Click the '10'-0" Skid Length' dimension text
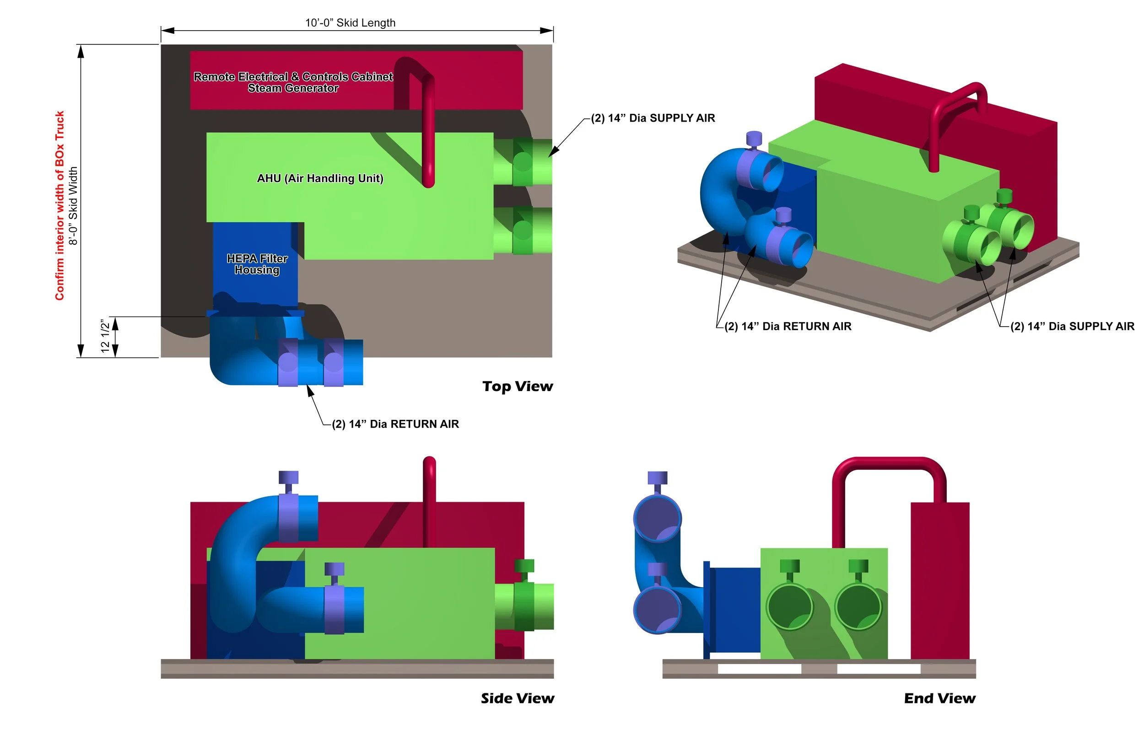click(350, 22)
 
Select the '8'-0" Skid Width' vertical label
click(73, 206)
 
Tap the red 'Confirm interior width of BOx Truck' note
click(59, 206)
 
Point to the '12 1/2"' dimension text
click(105, 336)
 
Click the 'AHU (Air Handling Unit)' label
click(320, 178)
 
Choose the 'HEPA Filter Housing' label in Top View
click(257, 264)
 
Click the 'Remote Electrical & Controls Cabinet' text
click(293, 76)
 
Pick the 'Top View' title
click(518, 386)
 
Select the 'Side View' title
click(518, 698)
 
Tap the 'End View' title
click(940, 698)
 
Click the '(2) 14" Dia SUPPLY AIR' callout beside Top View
click(653, 118)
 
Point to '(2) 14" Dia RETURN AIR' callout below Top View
click(395, 424)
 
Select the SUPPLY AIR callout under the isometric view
click(1072, 326)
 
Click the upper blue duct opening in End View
click(657, 519)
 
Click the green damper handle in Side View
click(524, 566)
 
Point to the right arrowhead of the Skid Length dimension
click(547, 31)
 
